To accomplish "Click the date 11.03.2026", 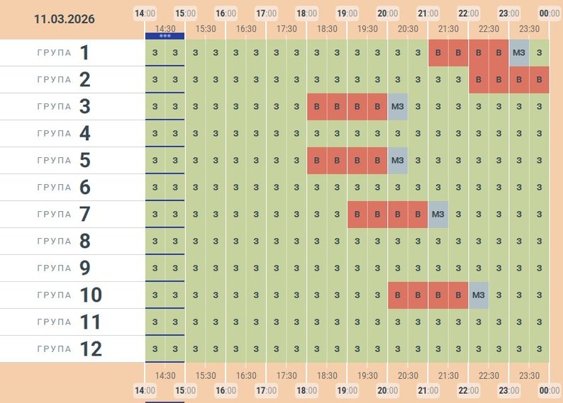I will (64, 19).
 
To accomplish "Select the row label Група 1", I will (70, 53).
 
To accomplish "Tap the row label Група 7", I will (70, 215).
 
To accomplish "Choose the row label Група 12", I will (70, 349).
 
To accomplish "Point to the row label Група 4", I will (70, 134).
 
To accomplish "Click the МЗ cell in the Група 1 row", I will (519, 52).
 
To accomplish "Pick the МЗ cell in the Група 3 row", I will (398, 106).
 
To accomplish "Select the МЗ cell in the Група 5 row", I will (398, 160).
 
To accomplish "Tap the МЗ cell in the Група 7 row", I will (438, 214).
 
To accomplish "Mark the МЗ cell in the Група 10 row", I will (479, 295).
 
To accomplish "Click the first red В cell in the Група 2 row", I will (479, 79).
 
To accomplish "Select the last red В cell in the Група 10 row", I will (459, 295).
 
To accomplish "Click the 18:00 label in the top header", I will (307, 13).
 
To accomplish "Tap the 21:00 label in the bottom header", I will (428, 390).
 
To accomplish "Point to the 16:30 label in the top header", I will (246, 29).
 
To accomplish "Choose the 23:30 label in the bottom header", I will (529, 375).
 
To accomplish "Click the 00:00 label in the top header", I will (550, 13).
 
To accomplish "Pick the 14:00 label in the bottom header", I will (145, 390).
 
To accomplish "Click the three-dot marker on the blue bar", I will (165, 35).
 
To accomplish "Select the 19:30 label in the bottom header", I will (367, 375).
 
